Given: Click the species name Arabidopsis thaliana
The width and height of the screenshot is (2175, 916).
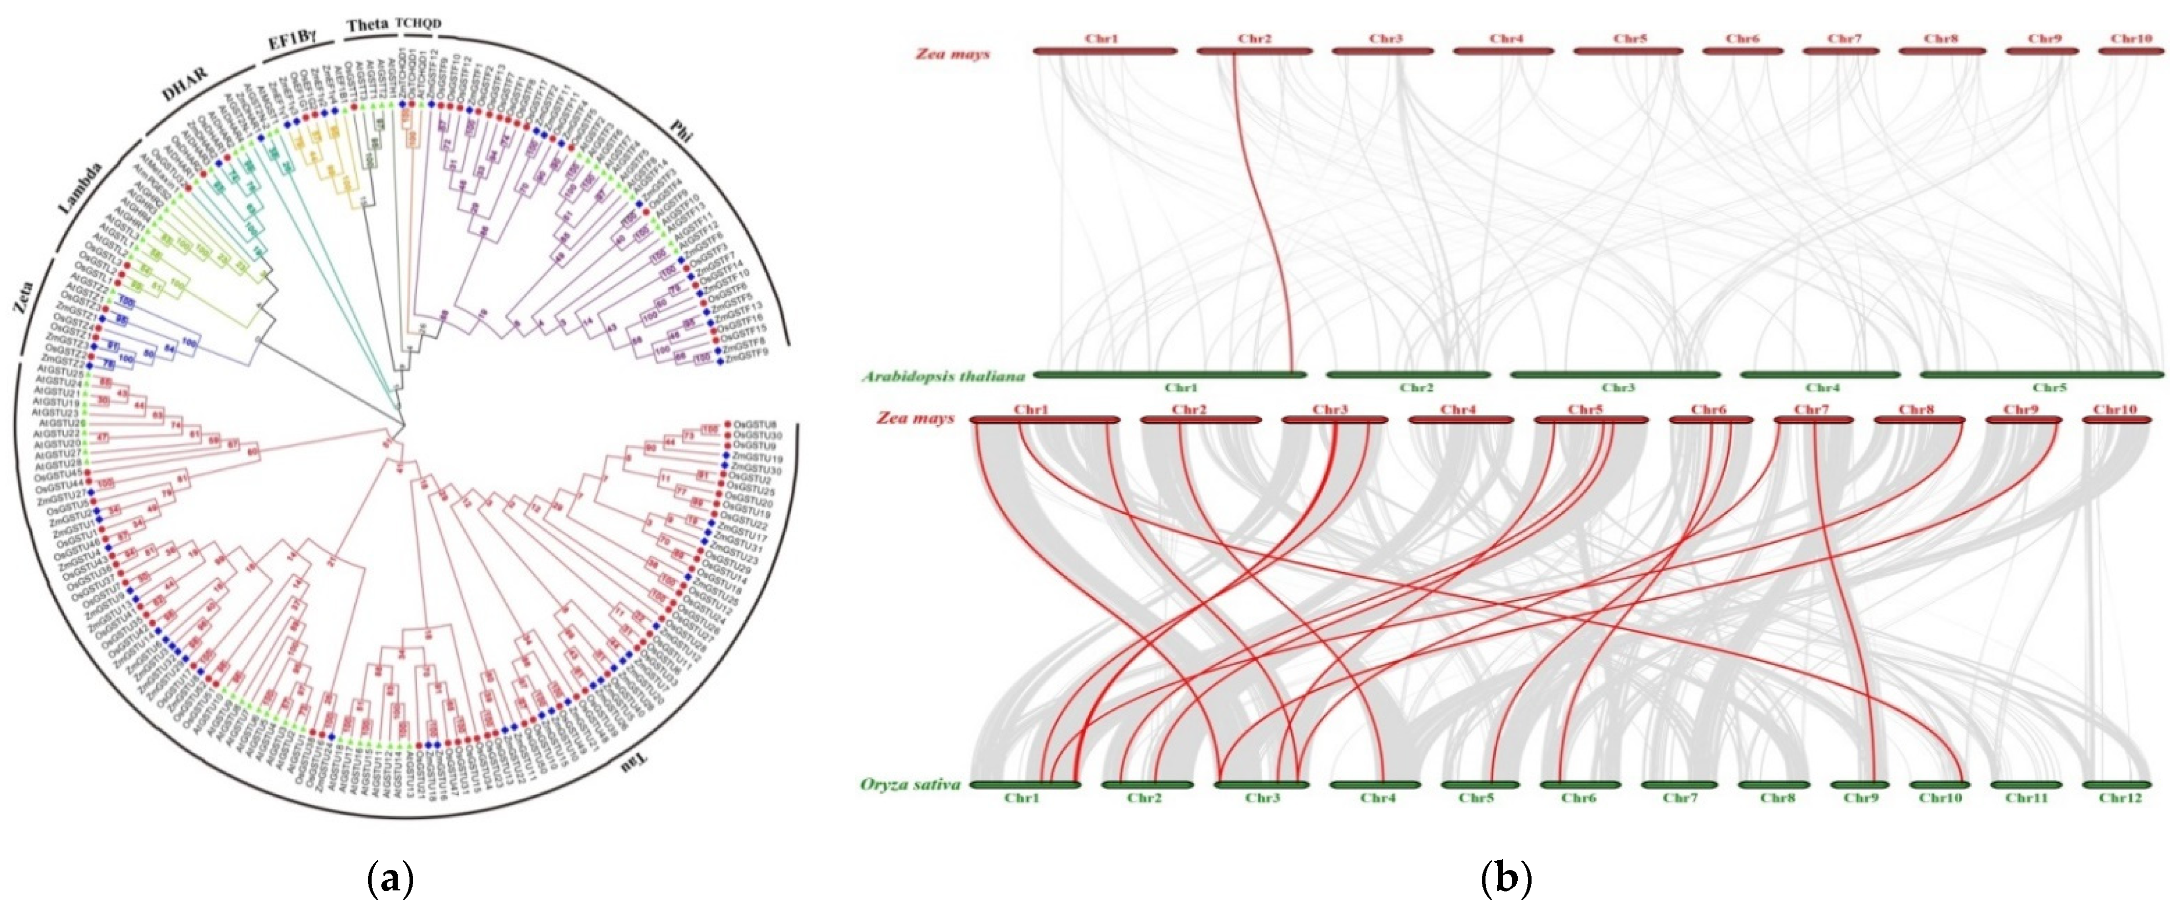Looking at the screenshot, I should (x=943, y=377).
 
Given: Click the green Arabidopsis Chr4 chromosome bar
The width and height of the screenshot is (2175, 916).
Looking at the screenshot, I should (x=1820, y=374).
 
